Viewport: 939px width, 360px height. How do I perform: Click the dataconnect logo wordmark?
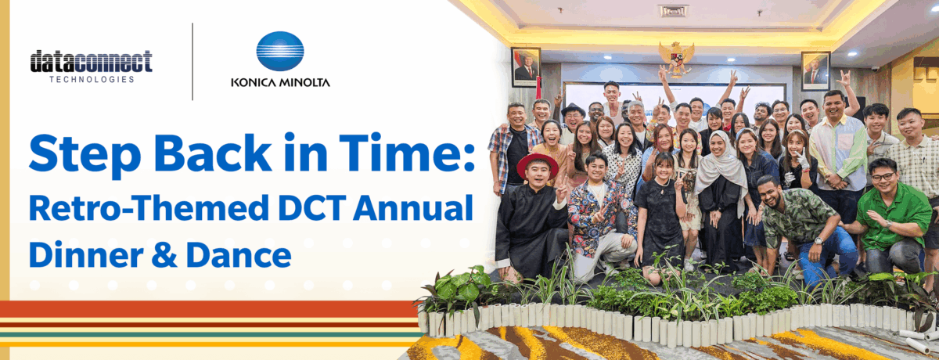[x=91, y=61]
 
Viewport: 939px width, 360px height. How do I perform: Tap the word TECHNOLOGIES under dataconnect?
[x=92, y=79]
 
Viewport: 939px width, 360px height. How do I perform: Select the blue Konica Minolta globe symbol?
[x=280, y=51]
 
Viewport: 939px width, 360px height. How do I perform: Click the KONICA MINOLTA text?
[x=280, y=82]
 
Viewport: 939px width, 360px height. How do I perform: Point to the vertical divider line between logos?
[x=192, y=62]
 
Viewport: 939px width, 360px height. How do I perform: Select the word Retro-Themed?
[x=149, y=207]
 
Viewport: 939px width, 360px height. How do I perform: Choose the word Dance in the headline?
[x=239, y=255]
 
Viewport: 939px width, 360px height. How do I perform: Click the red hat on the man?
[x=538, y=164]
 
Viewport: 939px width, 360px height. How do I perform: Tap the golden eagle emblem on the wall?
[x=676, y=58]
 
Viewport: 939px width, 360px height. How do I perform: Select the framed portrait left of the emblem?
[x=526, y=67]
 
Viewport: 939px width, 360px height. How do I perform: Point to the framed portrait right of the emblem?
[x=815, y=71]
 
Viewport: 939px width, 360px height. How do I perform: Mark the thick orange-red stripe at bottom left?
[x=210, y=309]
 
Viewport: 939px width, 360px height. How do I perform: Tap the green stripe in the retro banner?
[x=210, y=335]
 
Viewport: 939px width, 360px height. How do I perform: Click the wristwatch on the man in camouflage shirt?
[x=818, y=241]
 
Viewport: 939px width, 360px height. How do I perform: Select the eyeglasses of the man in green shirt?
[x=883, y=177]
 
